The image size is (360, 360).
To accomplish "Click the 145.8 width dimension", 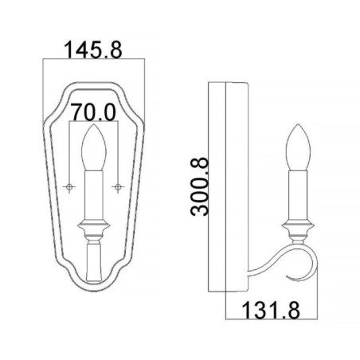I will [94, 51].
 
